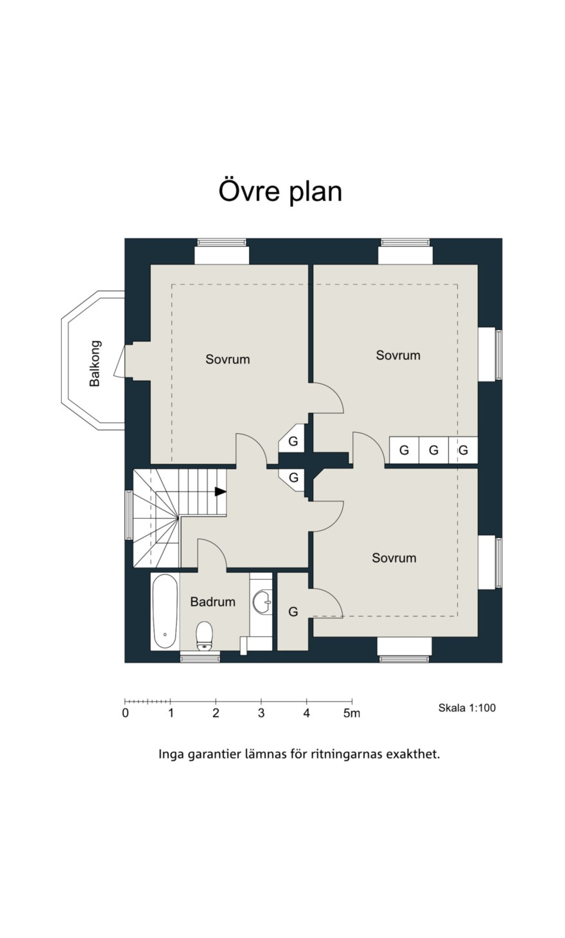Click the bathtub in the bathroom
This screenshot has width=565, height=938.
point(165,611)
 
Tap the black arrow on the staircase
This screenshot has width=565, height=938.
point(220,492)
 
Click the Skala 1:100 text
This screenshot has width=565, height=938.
point(467,708)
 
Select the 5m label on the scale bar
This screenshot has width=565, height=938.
point(351,713)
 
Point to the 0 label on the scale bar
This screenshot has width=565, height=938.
point(125,713)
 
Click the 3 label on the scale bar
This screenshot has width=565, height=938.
point(261,713)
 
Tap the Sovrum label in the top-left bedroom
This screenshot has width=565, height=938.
point(228,359)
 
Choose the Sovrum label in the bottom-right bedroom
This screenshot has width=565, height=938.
point(394,558)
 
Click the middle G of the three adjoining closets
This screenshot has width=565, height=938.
point(434,450)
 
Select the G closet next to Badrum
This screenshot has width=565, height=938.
point(293,611)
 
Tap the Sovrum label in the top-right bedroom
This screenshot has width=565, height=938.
point(398,355)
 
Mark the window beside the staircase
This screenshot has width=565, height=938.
point(129,515)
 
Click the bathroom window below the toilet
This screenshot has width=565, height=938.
point(200,657)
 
